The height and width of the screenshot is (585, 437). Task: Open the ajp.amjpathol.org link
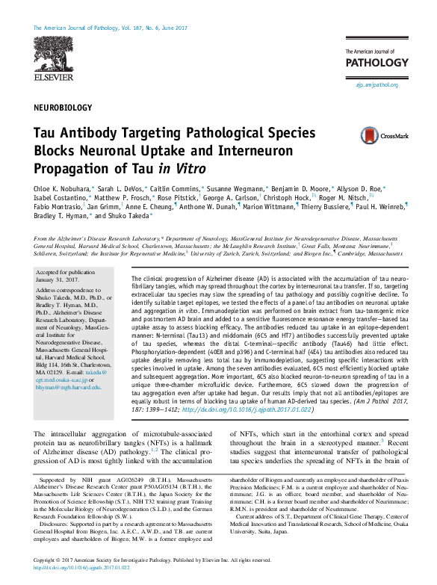click(x=376, y=84)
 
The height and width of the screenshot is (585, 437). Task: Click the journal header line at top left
click(x=108, y=28)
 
